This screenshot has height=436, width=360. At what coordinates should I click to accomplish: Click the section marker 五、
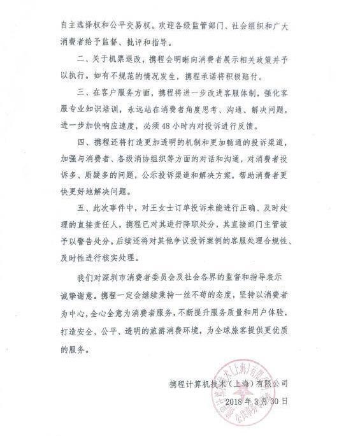click(83, 207)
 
